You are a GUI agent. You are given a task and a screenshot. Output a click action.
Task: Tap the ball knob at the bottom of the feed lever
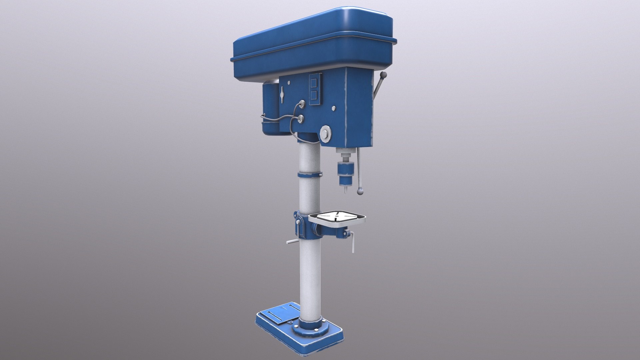(x=360, y=192)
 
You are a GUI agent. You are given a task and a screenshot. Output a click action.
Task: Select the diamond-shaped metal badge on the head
(x=283, y=95)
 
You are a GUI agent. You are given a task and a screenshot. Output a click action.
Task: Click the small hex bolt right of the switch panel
(x=333, y=108)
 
